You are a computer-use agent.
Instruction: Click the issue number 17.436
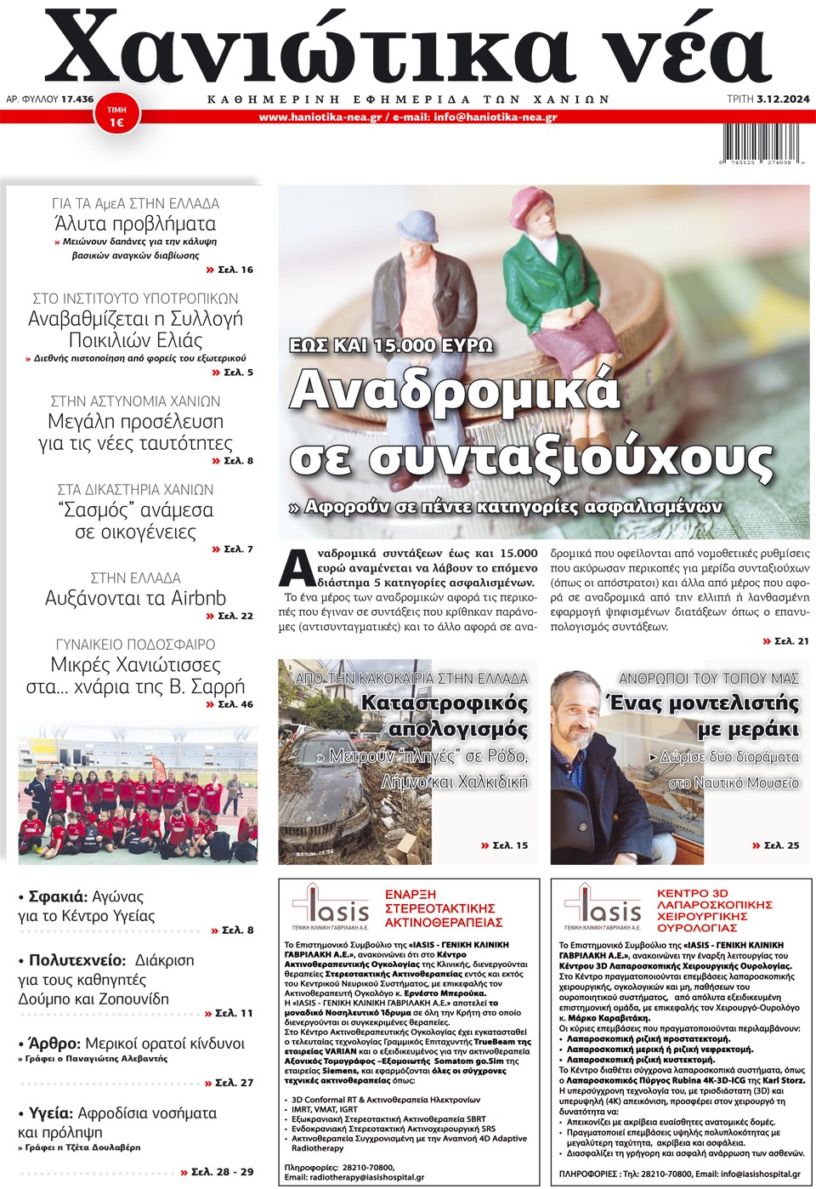[77, 100]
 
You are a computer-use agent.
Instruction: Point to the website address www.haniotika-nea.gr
[320, 117]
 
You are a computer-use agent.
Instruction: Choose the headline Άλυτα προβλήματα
[135, 225]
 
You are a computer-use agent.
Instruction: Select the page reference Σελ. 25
[781, 845]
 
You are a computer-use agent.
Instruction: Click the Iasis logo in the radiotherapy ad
[331, 907]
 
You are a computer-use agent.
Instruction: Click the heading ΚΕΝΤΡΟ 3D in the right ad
[694, 894]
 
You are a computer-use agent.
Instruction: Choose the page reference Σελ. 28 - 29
[222, 1172]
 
